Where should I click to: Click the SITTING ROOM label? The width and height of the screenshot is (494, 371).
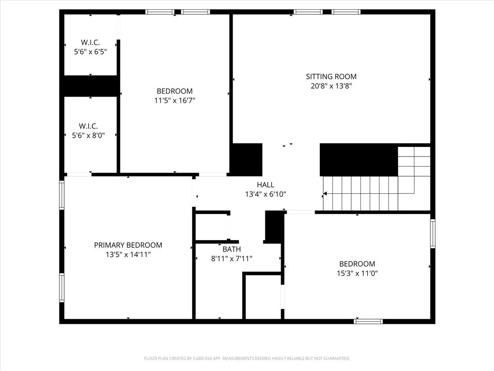click(x=331, y=76)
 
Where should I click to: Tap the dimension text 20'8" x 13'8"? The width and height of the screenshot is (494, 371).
click(x=331, y=86)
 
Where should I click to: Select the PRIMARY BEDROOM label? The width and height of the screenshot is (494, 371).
click(x=128, y=245)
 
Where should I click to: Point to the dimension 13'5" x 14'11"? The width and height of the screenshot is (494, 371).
click(x=128, y=255)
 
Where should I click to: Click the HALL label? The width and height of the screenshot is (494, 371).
click(x=265, y=185)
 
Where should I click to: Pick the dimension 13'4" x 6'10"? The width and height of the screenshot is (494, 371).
click(x=265, y=194)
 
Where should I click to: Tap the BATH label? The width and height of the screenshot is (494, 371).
click(x=232, y=249)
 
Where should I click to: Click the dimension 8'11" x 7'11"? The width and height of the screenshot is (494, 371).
click(x=232, y=258)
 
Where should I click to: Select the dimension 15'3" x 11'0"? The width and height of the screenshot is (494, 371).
click(x=357, y=273)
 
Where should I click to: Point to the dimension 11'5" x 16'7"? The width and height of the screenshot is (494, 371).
click(x=175, y=100)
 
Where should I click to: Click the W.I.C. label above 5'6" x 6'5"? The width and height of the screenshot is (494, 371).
click(x=90, y=42)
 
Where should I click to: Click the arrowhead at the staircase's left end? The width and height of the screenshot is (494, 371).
click(x=325, y=194)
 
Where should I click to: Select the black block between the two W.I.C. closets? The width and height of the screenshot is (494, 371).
click(x=91, y=86)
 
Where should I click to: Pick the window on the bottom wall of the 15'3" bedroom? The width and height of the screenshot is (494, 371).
click(x=368, y=321)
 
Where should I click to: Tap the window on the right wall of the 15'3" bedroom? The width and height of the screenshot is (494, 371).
click(x=433, y=234)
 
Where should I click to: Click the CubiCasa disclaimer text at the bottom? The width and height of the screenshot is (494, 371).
click(x=247, y=358)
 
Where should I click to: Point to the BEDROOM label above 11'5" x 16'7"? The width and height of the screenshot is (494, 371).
click(x=175, y=91)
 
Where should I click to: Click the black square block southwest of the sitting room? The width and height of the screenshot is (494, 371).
click(x=246, y=159)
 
